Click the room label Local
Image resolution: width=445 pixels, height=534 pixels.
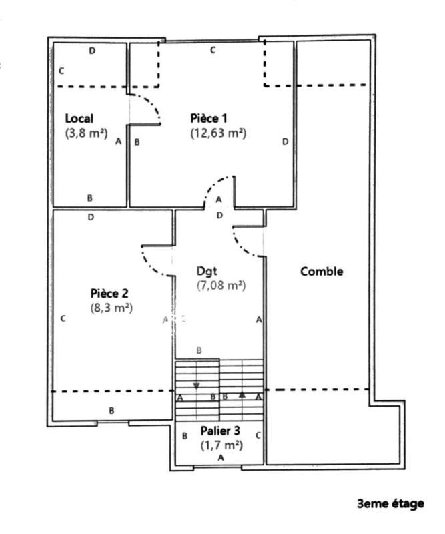79,118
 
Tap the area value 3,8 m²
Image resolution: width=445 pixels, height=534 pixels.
87,132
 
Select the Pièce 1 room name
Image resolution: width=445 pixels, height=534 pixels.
209,118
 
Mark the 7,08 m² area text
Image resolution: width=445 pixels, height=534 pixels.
221,286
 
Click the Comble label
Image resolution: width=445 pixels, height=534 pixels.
322,272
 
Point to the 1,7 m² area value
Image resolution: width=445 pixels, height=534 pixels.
221,444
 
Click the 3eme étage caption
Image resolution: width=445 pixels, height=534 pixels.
390,503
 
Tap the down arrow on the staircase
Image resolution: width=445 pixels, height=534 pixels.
196,385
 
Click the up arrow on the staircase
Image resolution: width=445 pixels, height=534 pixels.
242,394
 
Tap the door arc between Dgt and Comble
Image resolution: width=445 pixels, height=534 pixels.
247,244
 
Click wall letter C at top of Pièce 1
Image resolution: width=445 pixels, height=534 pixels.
213,50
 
